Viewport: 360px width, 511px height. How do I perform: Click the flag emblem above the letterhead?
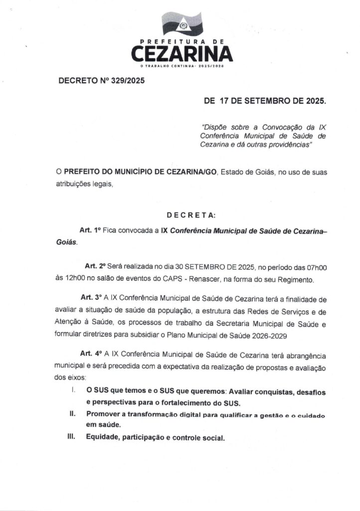[182, 23]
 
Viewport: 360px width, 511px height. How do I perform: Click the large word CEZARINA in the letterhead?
[182, 53]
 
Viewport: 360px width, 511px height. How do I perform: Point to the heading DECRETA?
[191, 215]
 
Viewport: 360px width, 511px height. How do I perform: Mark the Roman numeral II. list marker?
[73, 414]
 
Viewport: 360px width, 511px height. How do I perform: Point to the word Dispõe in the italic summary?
[215, 127]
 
